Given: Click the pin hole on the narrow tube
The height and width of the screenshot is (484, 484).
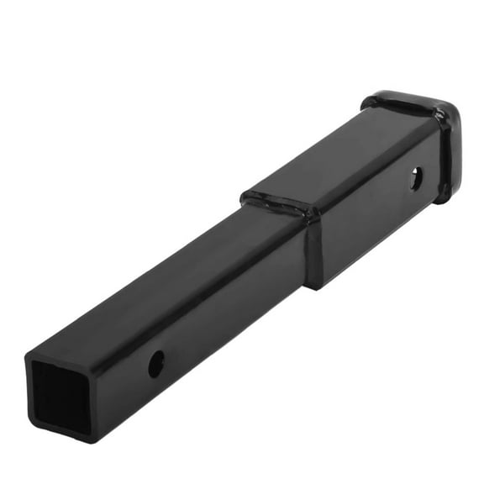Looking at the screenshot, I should [x=156, y=363].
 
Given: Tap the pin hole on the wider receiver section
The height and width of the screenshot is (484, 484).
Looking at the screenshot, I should [x=417, y=177].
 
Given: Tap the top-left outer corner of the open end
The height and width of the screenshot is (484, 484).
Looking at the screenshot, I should [x=27, y=352].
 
